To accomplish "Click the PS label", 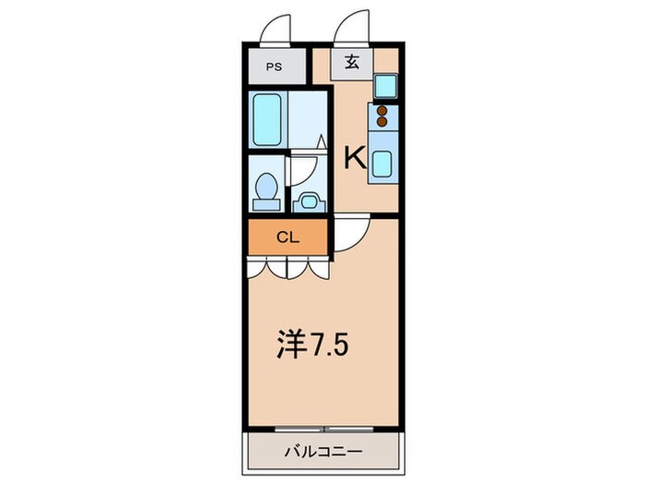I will pos(274,67).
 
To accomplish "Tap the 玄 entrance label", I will pos(353,63).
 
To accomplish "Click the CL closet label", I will pos(287,236).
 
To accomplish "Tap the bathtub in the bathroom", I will pos(268,117).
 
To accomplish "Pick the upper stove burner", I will pos(383,110).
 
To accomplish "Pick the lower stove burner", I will pos(383,121).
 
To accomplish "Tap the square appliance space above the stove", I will pos(385,86).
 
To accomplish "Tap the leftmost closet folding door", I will pos(258,267).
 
